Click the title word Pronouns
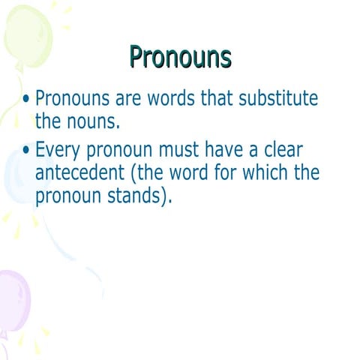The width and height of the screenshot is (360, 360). [x=180, y=56]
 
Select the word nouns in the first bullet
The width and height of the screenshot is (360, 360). [x=88, y=120]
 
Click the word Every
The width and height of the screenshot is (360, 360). [x=61, y=151]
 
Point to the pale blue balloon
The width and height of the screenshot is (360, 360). [x=15, y=176]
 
